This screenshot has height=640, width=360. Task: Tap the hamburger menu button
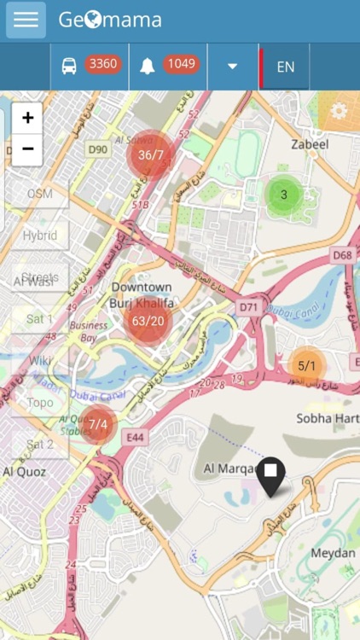coord(26,20)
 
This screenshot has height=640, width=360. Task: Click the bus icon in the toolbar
coord(69,66)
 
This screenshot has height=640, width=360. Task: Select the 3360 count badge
coord(103,65)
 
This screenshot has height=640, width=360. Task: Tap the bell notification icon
coord(148,66)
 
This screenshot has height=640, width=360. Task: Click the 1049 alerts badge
coord(181,65)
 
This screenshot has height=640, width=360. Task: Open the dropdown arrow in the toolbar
coord(232,67)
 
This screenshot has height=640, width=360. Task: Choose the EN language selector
coord(285,67)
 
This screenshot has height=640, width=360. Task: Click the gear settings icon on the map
coord(339,111)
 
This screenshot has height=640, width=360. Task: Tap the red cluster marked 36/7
coord(150,154)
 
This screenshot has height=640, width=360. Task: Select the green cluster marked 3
coord(284,195)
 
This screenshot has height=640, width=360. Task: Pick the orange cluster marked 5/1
coord(306,366)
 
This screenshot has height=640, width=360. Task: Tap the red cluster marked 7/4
coord(98,424)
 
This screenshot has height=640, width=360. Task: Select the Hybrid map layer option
coord(40,236)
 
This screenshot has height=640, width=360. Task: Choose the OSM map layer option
coord(40,194)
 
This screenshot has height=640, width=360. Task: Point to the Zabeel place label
coord(310,144)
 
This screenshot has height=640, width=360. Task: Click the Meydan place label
coord(333,553)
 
